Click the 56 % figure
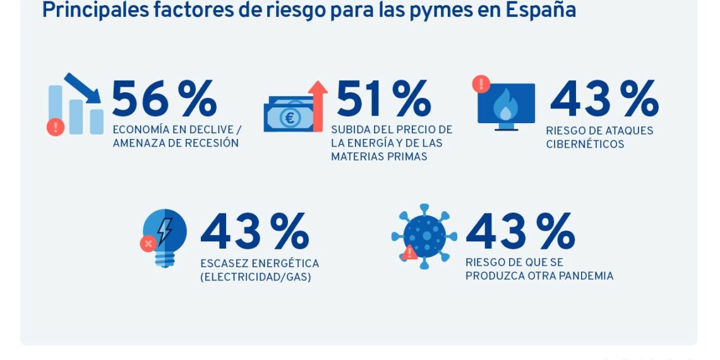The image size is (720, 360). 164,100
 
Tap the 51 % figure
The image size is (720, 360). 383,100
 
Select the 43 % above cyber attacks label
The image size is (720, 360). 604,100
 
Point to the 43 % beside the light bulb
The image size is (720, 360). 255,232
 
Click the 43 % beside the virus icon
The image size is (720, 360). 520,232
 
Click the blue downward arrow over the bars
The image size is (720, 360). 83,88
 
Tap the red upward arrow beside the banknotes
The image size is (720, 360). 318,104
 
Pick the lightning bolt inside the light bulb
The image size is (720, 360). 165,231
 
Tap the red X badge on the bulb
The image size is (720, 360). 148,243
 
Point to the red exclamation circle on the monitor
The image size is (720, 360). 481,83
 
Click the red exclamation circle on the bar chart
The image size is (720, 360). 56,127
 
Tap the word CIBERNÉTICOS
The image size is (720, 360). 585,144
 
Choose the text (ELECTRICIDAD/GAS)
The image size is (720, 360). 255,277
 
